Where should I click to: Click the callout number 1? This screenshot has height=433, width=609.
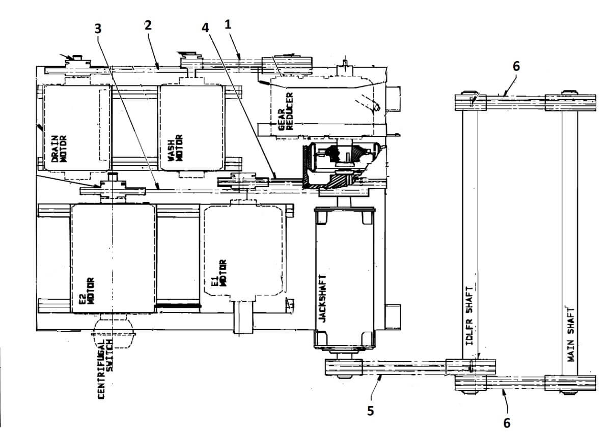[228, 24]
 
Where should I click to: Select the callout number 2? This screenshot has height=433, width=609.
[148, 25]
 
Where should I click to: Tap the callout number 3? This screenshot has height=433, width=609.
[98, 28]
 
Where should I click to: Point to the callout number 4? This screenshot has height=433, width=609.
[205, 27]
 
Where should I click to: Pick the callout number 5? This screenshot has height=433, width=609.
[371, 411]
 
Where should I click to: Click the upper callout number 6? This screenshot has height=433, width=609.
[516, 66]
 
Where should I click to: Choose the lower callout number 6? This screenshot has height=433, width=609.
[507, 422]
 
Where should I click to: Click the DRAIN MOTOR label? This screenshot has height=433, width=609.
[59, 149]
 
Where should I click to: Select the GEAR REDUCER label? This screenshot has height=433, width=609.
[286, 111]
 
